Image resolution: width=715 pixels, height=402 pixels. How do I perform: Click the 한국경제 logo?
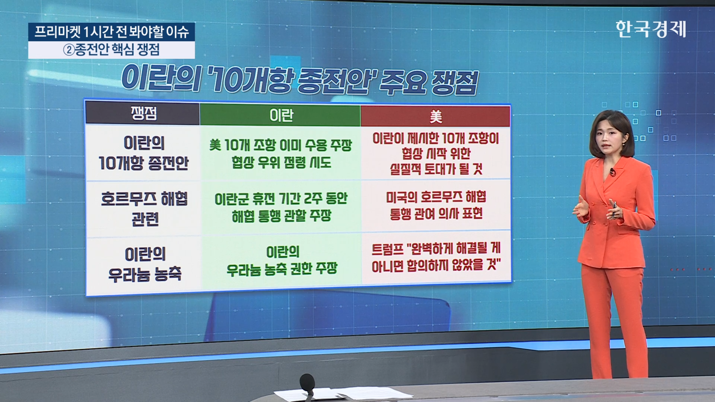[651, 29]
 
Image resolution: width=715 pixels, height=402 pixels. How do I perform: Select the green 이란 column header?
[280, 115]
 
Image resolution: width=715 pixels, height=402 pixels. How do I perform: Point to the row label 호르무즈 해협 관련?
[144, 209]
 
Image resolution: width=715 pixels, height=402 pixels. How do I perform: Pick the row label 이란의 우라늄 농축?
[145, 264]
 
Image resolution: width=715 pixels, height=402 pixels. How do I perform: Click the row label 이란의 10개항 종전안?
[144, 153]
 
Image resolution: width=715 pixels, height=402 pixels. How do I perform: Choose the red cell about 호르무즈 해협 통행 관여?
[436, 205]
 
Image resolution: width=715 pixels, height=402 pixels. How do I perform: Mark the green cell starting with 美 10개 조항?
[280, 153]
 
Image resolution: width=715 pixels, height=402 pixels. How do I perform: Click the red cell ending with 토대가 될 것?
[436, 153]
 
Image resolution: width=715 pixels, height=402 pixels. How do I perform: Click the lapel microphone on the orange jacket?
[612, 172]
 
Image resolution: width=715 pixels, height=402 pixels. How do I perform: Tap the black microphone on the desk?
[307, 383]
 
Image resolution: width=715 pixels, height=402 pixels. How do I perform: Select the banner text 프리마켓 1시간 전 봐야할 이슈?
[112, 32]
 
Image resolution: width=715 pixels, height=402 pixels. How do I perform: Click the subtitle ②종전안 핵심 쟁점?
[111, 50]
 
